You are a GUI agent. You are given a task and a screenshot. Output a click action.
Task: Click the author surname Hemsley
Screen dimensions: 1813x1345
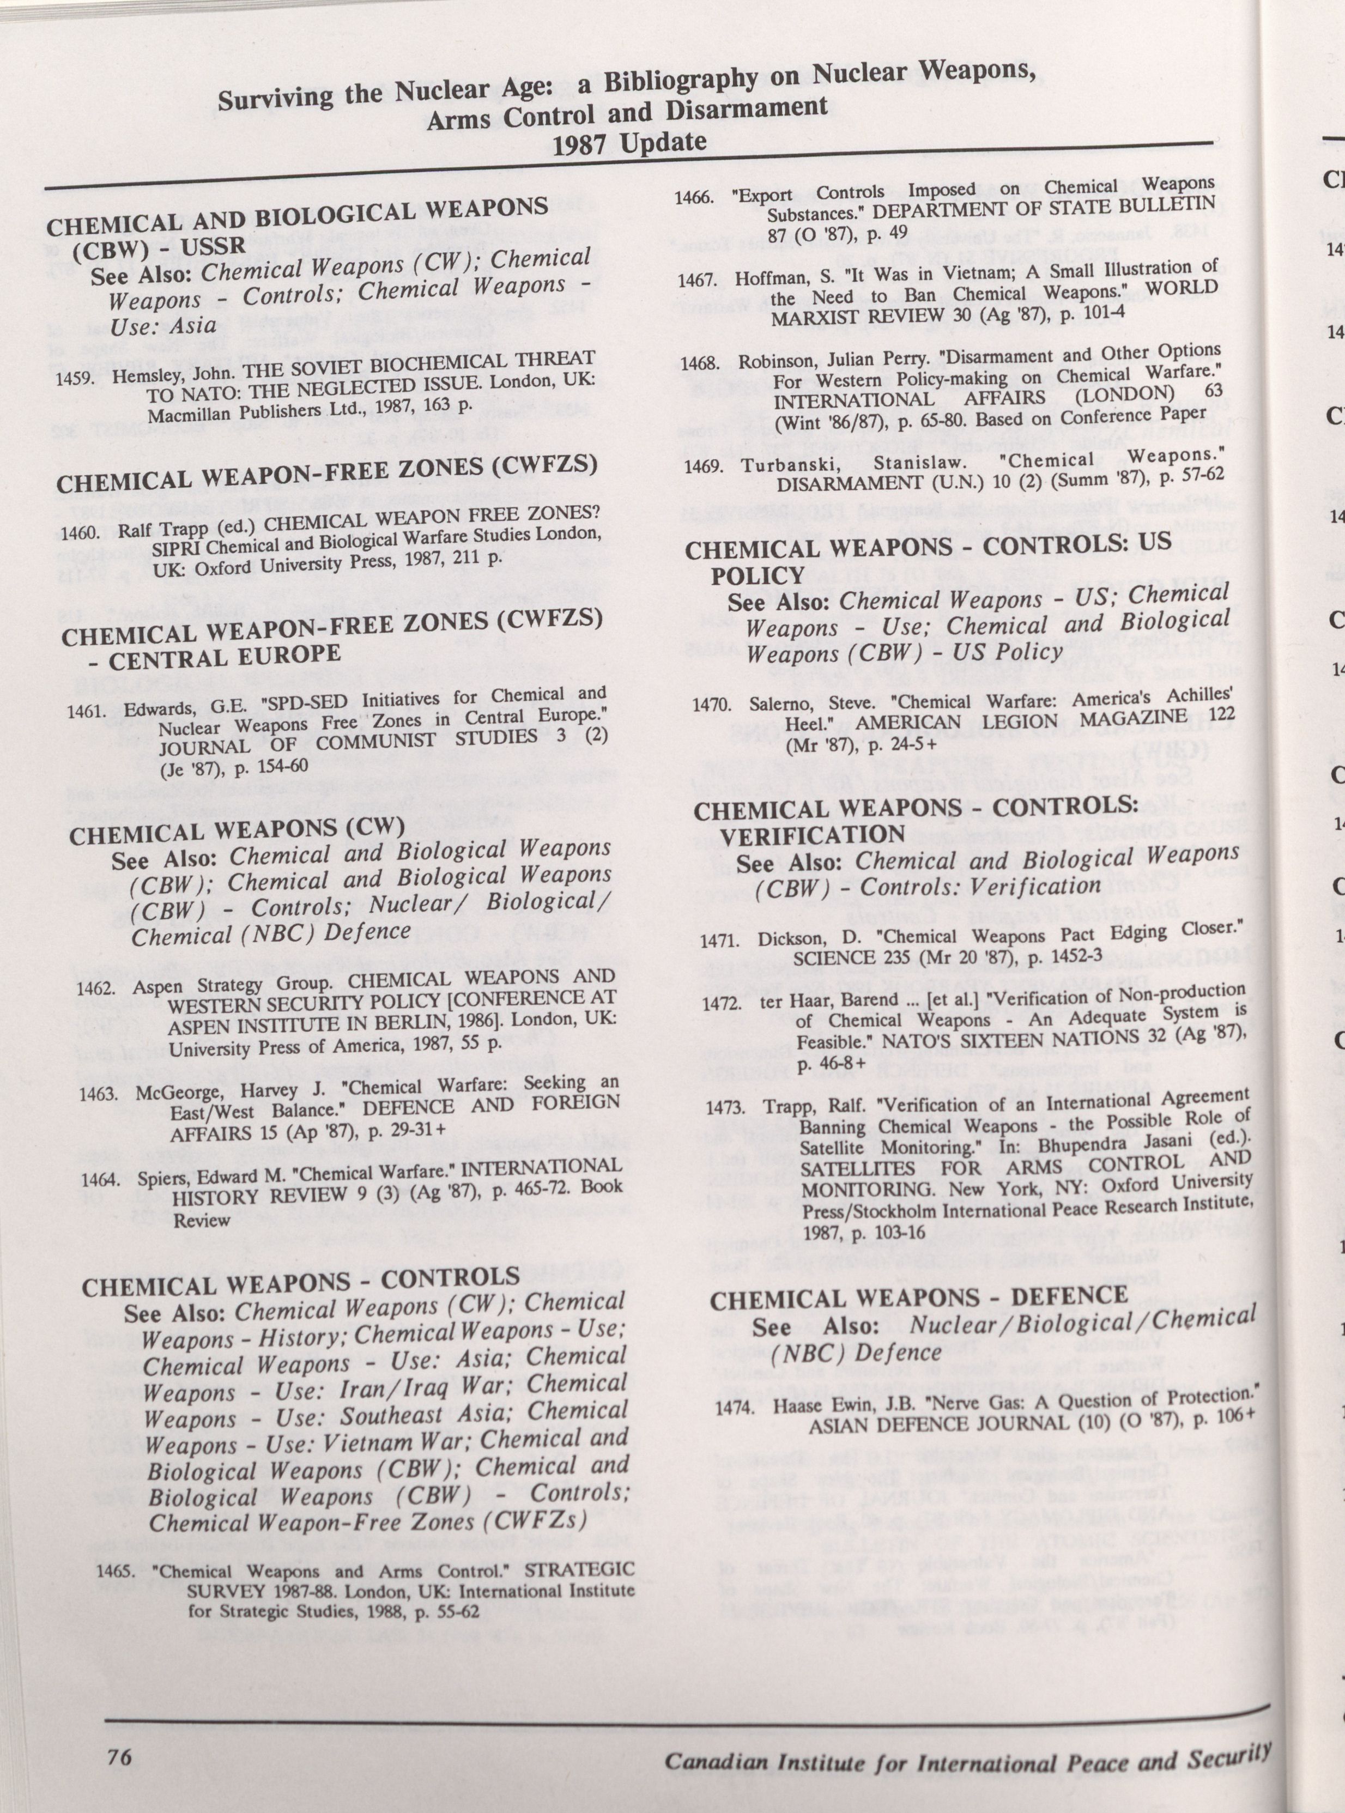[142, 377]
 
